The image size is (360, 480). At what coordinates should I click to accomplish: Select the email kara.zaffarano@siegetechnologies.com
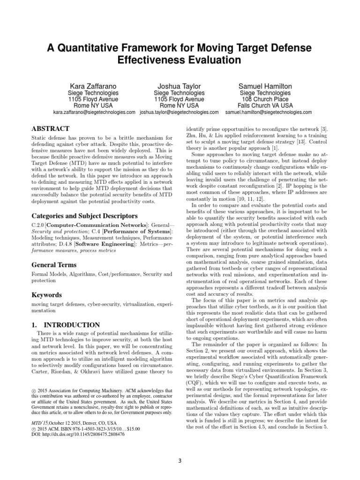(94, 112)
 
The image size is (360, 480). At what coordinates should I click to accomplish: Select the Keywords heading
(46, 295)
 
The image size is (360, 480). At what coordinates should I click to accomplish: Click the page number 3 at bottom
(180, 460)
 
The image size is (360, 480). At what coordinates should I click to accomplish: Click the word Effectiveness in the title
(148, 60)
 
